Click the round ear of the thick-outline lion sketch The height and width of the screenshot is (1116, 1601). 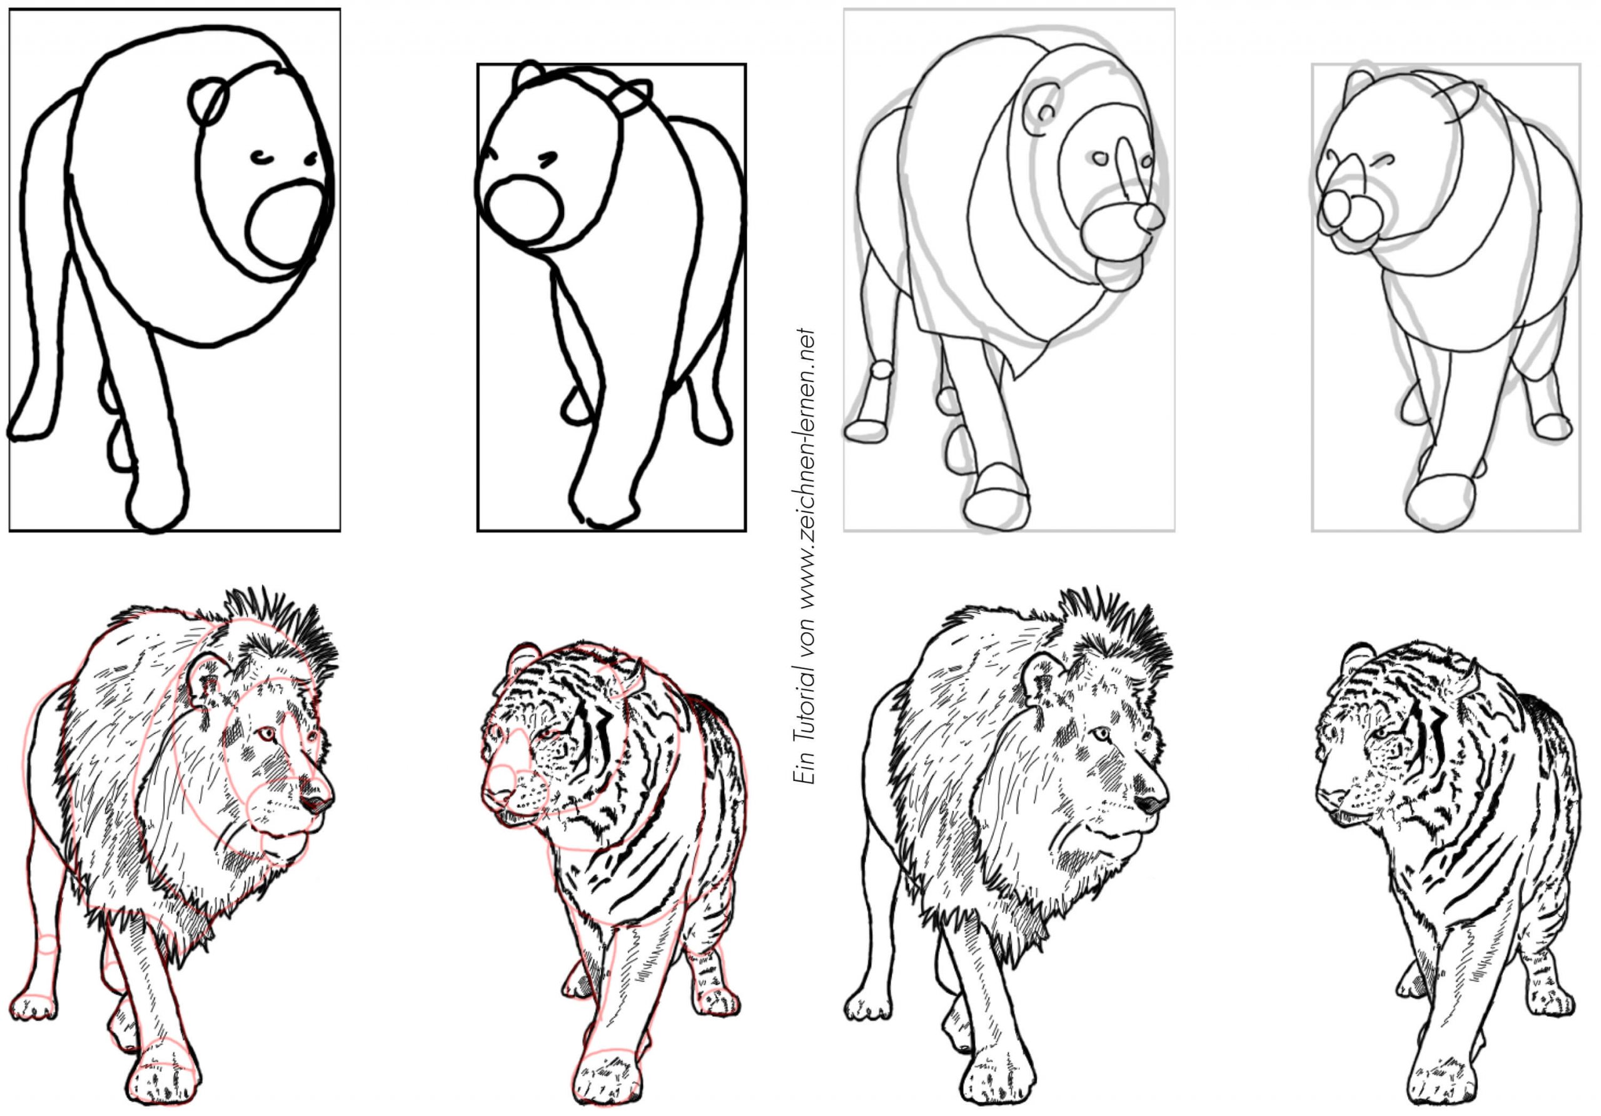click(x=208, y=101)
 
